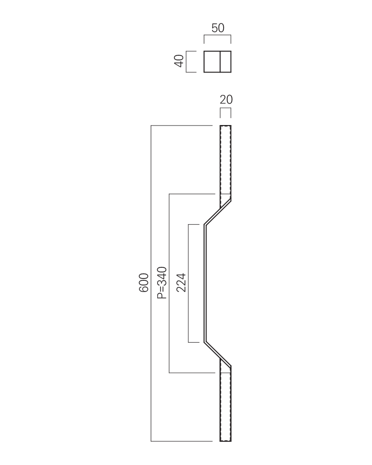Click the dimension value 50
218,28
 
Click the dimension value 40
179,61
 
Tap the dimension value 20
226,100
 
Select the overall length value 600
144,283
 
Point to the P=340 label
162,283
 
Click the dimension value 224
181,283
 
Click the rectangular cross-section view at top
218,62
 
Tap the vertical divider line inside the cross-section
220,62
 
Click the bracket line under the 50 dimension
218,35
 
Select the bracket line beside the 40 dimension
186,62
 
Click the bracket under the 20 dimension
226,108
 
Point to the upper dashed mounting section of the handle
226,159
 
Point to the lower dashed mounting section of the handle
226,407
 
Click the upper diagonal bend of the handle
218,213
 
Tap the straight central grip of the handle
205,283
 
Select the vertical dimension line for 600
151,283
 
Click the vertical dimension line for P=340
169,283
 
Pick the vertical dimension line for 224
188,283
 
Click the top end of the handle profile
226,126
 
